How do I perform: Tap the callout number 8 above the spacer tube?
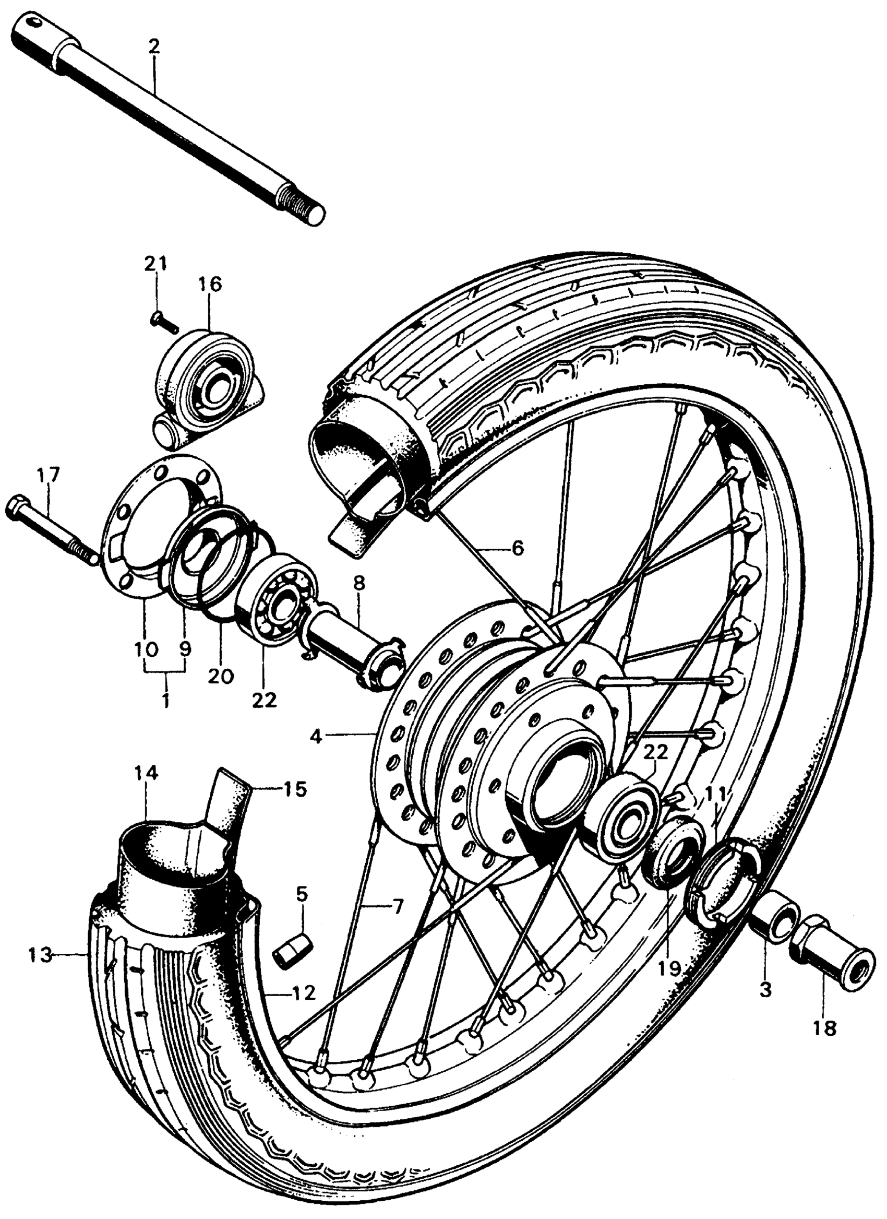[x=359, y=582]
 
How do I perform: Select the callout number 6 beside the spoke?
[x=517, y=549]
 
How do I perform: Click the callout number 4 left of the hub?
[x=316, y=738]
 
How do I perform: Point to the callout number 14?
[x=146, y=774]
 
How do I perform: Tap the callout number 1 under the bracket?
[x=166, y=700]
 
